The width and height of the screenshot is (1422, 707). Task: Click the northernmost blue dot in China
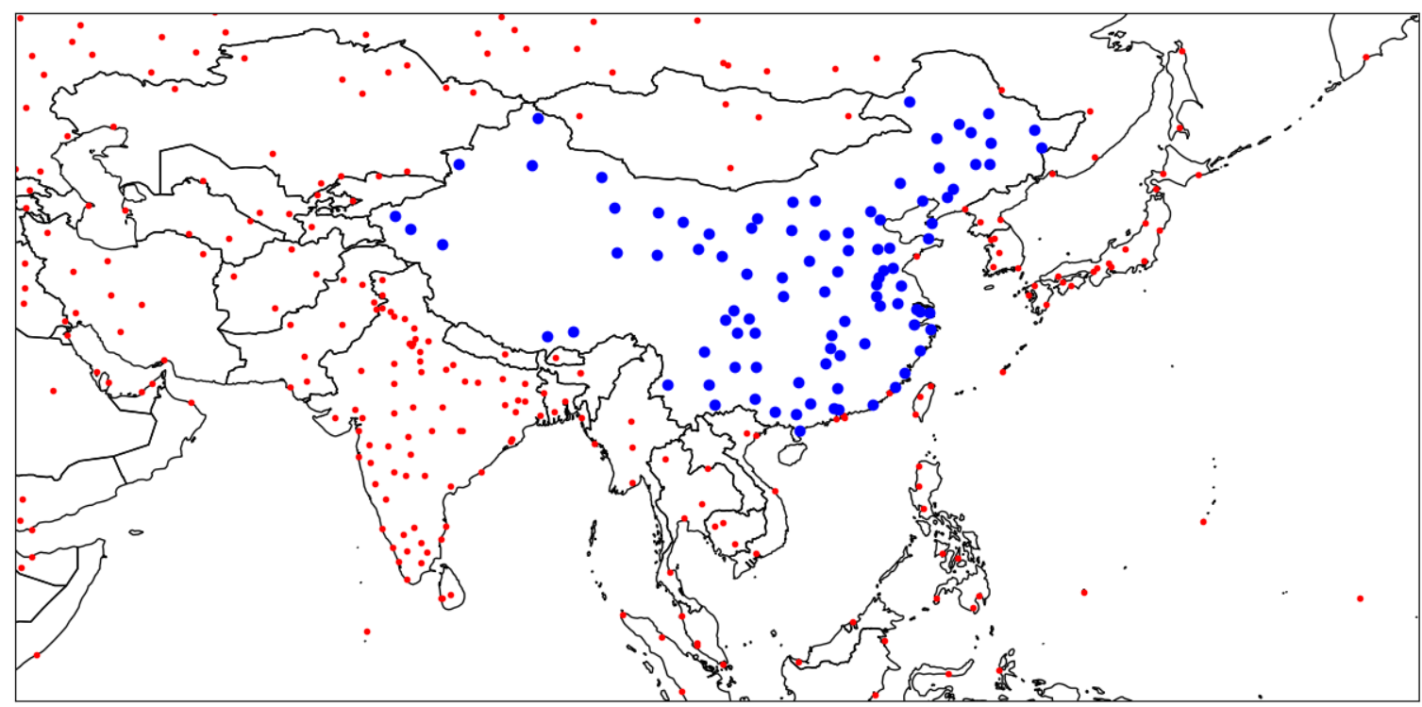(909, 102)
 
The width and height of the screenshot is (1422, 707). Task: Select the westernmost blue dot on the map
(395, 216)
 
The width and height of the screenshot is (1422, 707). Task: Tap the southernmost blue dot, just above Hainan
(800, 431)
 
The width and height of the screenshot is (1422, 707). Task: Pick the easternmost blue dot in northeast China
(1042, 148)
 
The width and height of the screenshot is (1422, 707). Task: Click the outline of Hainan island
(792, 454)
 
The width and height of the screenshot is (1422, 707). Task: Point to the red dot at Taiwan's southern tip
(916, 414)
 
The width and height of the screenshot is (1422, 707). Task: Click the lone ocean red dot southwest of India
(367, 631)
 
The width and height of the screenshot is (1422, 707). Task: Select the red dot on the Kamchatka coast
(1365, 58)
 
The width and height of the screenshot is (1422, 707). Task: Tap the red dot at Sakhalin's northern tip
(1182, 51)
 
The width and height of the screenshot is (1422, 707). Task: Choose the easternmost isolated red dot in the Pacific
(1360, 598)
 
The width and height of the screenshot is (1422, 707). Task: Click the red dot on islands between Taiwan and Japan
(1003, 372)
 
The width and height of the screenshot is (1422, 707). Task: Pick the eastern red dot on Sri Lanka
(450, 595)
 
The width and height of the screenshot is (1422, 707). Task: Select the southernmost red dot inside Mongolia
(729, 168)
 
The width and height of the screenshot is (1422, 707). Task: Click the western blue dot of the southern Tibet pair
(547, 336)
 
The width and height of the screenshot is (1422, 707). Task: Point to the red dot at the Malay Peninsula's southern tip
(724, 665)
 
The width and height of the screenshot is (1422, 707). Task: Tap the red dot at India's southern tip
(408, 581)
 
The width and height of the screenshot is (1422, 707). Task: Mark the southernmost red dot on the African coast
(37, 654)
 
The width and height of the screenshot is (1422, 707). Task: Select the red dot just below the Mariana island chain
(1203, 521)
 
